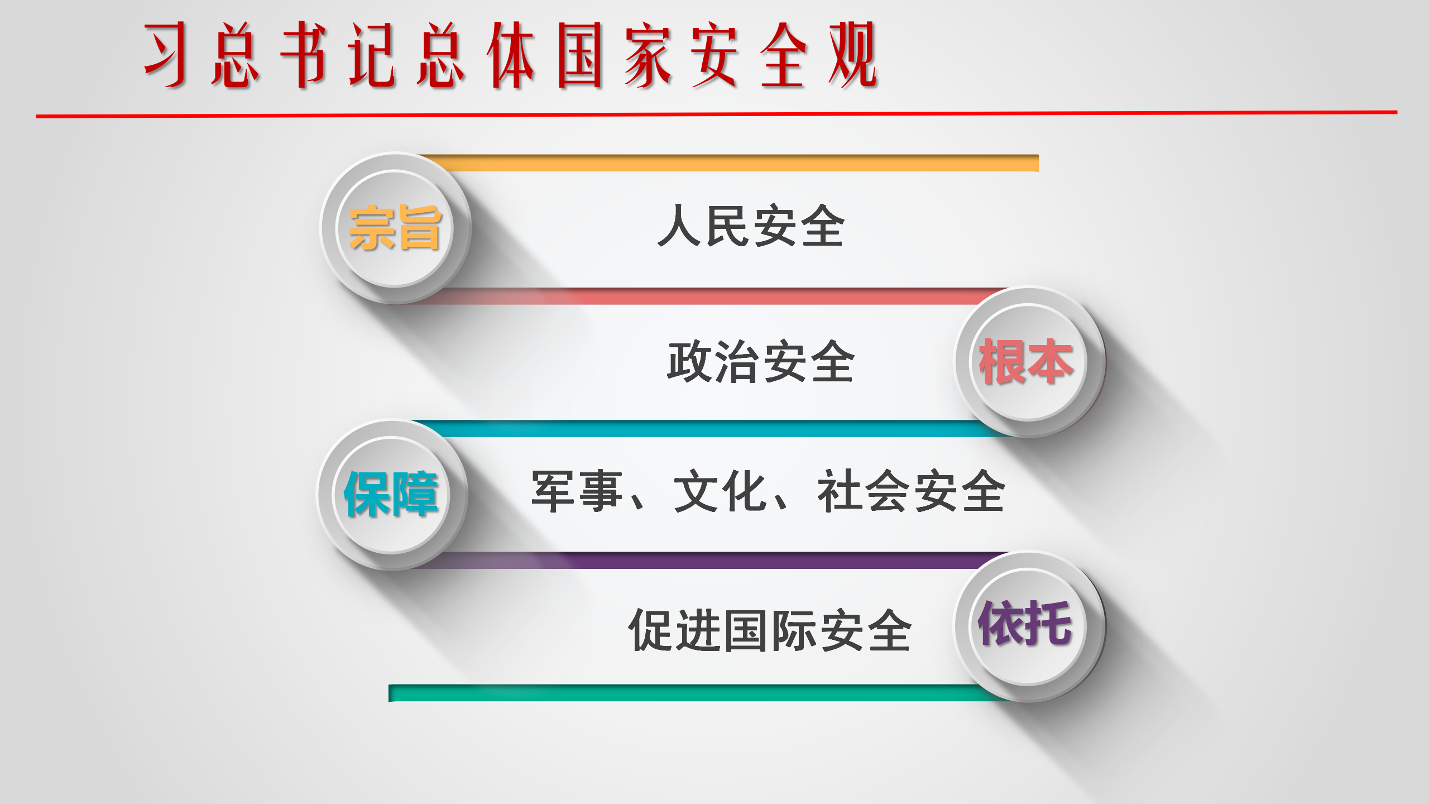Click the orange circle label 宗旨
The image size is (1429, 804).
coord(395,228)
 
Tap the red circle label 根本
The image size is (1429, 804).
coord(1026,362)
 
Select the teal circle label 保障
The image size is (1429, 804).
coord(391,494)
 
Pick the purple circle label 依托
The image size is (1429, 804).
coord(1025,623)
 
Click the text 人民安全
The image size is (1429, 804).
coord(751,226)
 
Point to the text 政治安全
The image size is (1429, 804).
coord(761,361)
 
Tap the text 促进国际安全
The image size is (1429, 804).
coord(770,630)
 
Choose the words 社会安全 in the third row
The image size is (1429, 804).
coord(911,491)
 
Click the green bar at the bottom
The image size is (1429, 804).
coord(698,693)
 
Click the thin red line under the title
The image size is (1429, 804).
coord(717,114)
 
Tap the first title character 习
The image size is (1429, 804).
coord(165,55)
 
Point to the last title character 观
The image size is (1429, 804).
coord(853,55)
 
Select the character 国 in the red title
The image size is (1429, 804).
coord(579,55)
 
